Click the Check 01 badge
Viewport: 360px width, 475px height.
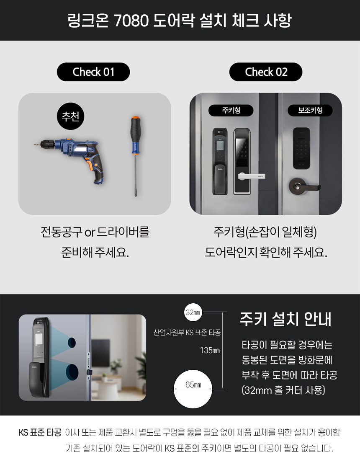point(93,72)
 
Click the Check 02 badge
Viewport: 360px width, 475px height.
point(266,72)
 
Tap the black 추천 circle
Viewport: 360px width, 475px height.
point(70,116)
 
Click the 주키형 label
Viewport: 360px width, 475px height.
point(231,111)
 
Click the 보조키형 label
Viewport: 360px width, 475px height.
point(310,111)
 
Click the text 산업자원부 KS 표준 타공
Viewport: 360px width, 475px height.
point(187,333)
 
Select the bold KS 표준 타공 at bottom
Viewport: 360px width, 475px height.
point(40,432)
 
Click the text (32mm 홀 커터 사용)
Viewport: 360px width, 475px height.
point(283,390)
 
